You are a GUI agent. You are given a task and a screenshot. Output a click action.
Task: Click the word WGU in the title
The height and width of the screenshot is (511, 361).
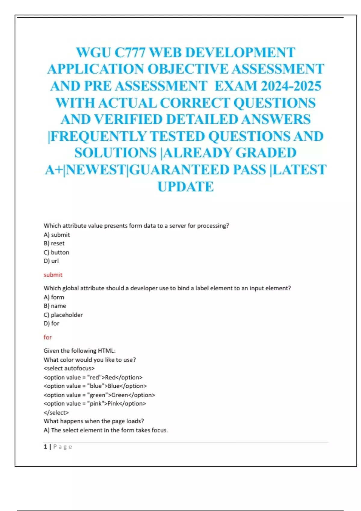click(94, 53)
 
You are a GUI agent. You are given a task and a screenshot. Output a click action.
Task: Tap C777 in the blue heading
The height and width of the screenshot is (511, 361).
click(130, 53)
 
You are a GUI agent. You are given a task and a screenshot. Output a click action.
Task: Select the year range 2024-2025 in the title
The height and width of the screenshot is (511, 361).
click(291, 86)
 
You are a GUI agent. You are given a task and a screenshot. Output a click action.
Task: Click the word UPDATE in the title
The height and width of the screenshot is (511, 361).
click(186, 187)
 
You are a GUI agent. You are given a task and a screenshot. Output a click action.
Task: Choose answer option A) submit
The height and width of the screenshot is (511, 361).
click(57, 235)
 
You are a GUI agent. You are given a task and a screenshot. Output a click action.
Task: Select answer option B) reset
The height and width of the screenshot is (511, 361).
click(54, 243)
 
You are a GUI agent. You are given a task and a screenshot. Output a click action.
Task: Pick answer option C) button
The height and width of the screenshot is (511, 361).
click(56, 252)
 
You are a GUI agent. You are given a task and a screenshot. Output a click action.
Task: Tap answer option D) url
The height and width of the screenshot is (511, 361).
click(51, 261)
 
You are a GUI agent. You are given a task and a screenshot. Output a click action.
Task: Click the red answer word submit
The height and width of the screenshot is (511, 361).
click(53, 275)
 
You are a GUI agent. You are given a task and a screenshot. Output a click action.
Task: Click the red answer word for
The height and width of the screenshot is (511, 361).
click(48, 337)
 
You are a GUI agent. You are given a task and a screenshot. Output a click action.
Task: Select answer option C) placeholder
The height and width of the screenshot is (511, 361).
click(63, 315)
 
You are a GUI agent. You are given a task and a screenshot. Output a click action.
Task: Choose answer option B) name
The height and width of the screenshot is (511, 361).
click(55, 306)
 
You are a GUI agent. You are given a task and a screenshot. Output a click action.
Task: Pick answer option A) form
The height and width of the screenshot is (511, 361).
click(54, 297)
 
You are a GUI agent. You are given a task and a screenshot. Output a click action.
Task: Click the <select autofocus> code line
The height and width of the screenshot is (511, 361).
click(69, 368)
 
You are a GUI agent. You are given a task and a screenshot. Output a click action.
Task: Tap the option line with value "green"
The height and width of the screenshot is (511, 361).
click(99, 395)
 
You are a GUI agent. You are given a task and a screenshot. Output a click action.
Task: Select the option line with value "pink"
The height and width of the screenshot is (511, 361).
click(95, 404)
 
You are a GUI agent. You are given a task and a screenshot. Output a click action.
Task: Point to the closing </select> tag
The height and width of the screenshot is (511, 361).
click(56, 412)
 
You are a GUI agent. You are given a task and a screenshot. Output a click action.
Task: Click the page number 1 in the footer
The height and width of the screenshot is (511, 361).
click(45, 447)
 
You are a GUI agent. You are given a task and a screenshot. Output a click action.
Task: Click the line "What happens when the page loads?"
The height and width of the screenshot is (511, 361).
click(94, 421)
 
